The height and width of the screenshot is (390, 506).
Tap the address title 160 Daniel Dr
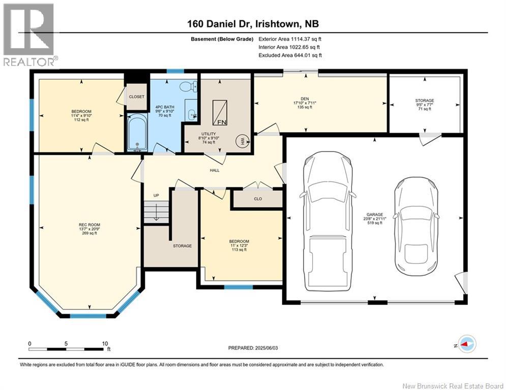click(253, 24)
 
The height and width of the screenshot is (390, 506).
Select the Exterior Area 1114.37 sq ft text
click(290, 39)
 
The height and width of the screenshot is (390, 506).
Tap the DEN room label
click(319, 100)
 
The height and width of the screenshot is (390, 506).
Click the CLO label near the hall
click(258, 199)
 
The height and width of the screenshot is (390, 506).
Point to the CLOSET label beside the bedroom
click(137, 96)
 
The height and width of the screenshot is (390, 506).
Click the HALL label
click(215, 170)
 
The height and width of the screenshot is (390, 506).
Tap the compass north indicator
click(466, 344)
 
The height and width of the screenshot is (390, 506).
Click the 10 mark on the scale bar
click(104, 344)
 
